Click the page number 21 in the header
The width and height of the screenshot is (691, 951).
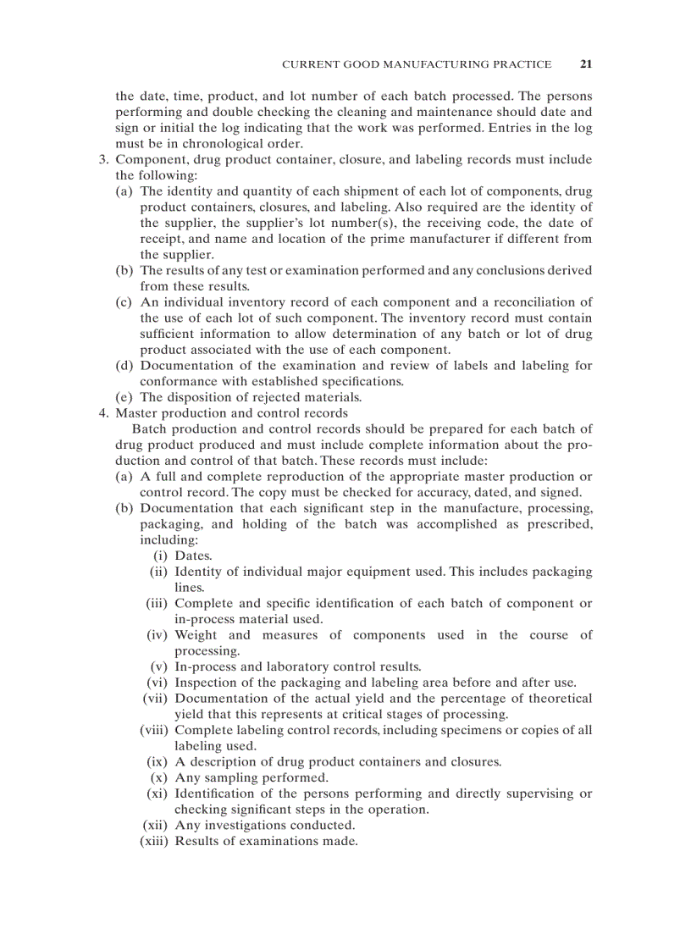click(586, 64)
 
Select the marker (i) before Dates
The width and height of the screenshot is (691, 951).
click(160, 556)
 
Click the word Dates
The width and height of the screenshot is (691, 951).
click(193, 556)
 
